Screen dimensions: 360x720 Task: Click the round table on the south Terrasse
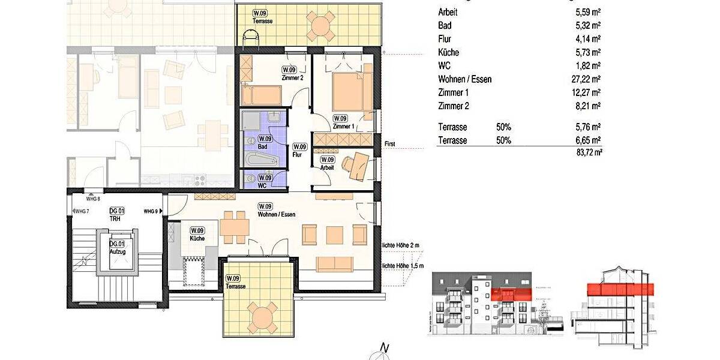point(263,316)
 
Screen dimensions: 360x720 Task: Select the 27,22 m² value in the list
point(587,79)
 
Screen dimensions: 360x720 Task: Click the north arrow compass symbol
point(382,352)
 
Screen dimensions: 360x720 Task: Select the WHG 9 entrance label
point(150,211)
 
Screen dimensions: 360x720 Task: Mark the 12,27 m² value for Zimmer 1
point(587,93)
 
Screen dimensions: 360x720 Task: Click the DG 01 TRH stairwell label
point(116,214)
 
